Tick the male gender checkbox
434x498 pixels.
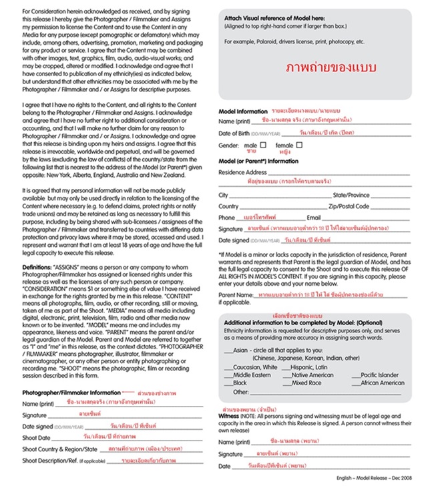coord(263,145)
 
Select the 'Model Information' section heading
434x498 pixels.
coord(243,111)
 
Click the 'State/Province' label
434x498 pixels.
coord(351,195)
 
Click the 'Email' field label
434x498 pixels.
coord(313,218)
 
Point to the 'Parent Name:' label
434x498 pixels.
coord(236,294)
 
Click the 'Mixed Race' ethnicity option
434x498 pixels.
coord(306,383)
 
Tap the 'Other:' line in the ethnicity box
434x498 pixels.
coord(241,392)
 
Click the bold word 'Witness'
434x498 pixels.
coord(229,416)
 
